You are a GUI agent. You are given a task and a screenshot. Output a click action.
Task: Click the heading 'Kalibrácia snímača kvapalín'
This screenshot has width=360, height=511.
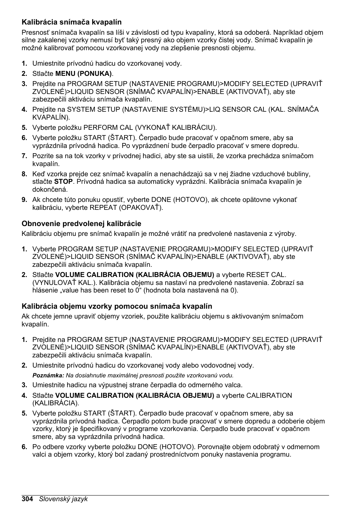[71, 22]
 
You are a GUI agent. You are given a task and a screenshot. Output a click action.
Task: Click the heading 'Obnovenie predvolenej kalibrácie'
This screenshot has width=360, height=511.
[81, 223]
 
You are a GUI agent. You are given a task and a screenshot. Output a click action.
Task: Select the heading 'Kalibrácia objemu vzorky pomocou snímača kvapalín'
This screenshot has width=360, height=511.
[117, 306]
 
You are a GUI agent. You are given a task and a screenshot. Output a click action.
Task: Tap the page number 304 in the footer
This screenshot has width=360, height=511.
[28, 499]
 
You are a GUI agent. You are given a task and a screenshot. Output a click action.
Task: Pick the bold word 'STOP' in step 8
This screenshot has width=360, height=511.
[63, 182]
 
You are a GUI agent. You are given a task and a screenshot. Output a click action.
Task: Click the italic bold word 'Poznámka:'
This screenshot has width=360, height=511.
[48, 376]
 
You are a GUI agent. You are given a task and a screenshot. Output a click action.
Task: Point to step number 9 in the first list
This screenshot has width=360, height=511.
[24, 200]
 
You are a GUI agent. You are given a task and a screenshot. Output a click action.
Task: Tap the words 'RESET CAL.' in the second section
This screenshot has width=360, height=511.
[266, 275]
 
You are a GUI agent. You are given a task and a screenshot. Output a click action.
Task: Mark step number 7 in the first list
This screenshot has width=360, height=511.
[24, 156]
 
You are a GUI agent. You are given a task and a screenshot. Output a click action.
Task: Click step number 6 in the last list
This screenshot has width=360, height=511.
[24, 447]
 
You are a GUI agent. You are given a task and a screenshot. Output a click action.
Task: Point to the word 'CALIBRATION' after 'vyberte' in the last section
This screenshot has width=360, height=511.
[269, 396]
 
